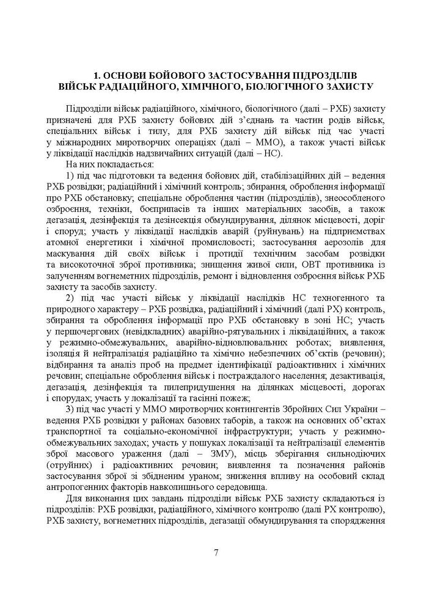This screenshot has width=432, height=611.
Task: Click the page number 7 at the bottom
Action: click(x=216, y=554)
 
